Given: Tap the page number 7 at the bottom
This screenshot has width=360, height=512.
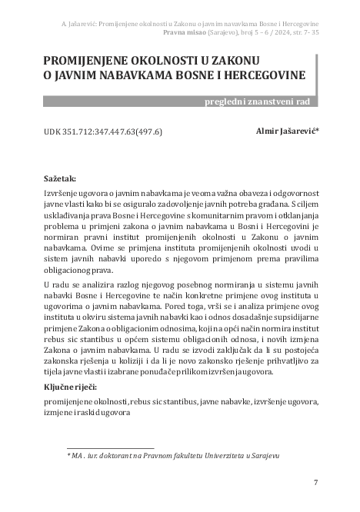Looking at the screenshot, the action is pos(316,482).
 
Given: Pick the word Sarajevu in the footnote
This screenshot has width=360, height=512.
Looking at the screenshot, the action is pos(262,456).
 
